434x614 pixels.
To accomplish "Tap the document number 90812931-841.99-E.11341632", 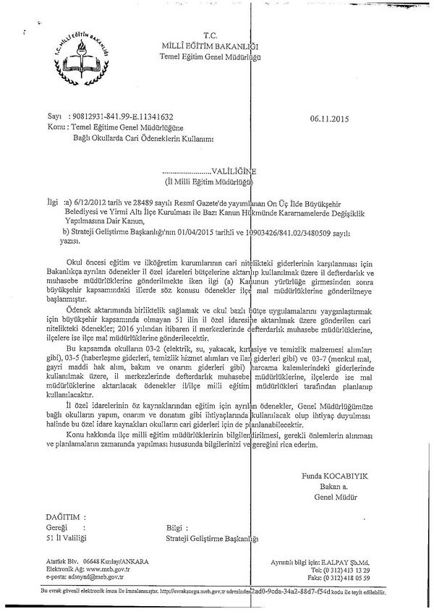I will [x=121, y=116].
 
